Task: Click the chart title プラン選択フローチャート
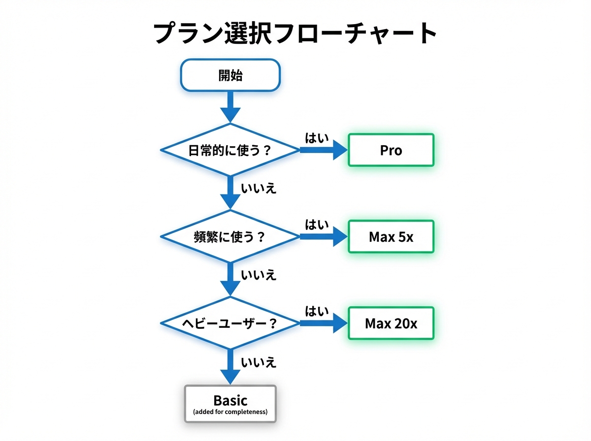[295, 34]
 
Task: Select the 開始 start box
[230, 75]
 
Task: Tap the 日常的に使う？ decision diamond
[230, 150]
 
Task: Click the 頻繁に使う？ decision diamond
[230, 237]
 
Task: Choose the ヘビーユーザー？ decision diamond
[230, 323]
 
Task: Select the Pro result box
[391, 150]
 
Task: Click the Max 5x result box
[391, 237]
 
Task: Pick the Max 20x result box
[391, 323]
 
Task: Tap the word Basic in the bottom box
[230, 400]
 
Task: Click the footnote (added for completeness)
[230, 411]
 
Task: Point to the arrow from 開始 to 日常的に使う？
[230, 106]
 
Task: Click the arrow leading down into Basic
[230, 367]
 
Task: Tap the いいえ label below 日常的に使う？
[259, 189]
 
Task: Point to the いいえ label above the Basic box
[259, 363]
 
